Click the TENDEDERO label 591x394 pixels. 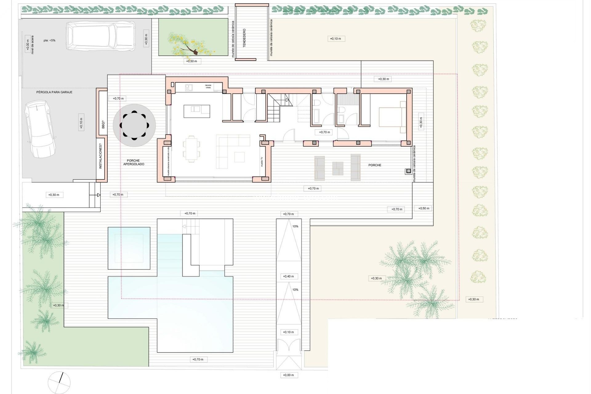244,38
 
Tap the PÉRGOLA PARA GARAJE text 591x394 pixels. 54,92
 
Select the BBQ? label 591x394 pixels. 103,125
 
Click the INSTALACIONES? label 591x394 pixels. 100,158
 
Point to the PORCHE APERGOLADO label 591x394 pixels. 134,163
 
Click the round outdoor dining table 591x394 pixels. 134,125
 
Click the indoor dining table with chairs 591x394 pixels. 191,149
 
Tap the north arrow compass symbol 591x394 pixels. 59,382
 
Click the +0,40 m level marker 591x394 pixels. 288,276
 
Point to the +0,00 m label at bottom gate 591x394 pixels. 288,375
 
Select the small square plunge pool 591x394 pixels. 129,248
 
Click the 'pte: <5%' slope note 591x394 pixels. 49,40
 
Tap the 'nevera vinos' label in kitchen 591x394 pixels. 208,86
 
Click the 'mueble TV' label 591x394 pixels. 262,162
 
